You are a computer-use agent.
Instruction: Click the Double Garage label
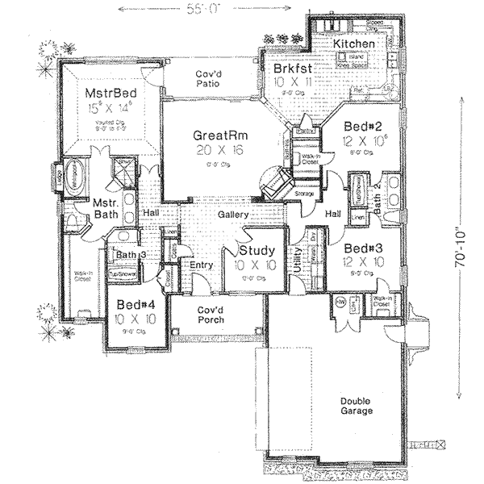click(x=356, y=406)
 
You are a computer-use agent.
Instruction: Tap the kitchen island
click(x=353, y=58)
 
